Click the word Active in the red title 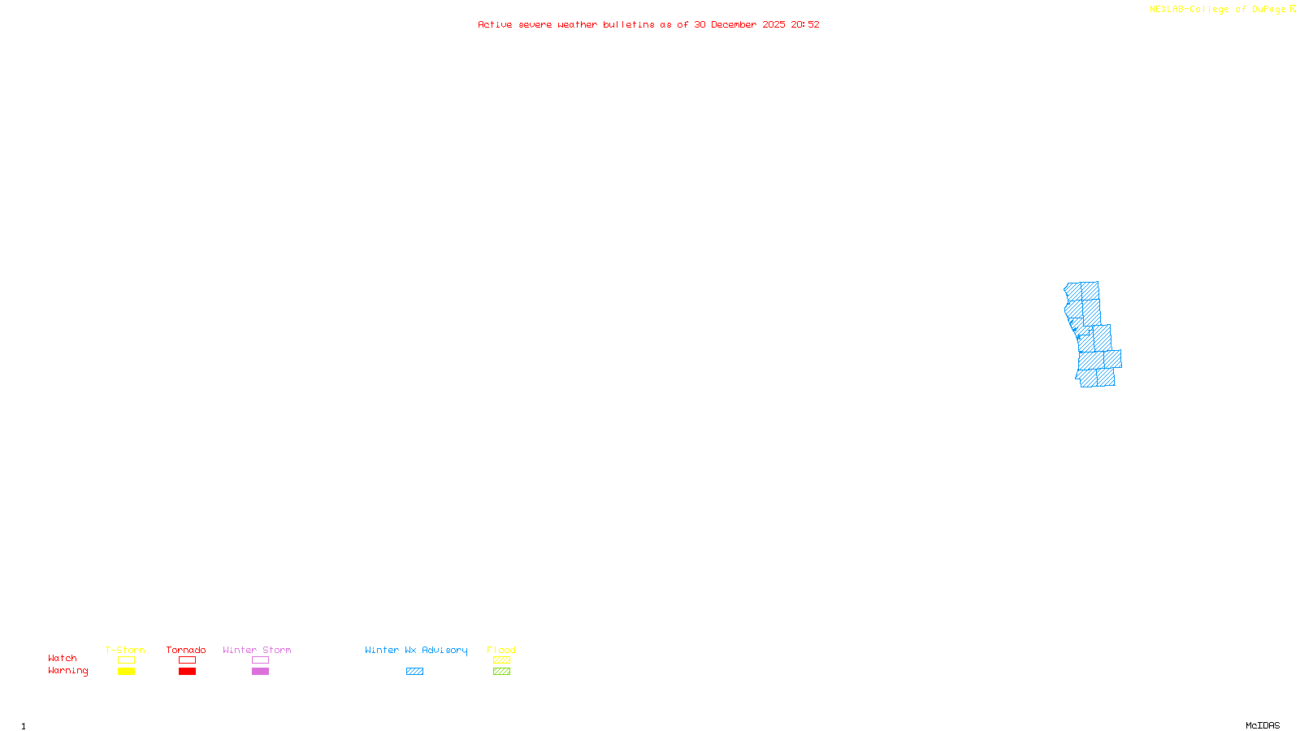pos(495,25)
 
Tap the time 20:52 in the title pos(805,25)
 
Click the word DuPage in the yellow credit pos(1268,10)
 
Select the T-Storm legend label pos(125,650)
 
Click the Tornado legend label pos(186,650)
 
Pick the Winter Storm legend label pos(257,650)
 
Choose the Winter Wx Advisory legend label pos(416,650)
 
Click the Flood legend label pos(501,650)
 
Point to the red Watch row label pos(63,658)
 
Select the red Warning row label pos(67,671)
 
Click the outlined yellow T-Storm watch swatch pos(126,660)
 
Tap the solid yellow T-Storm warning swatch pos(126,672)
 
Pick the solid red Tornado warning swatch pos(187,672)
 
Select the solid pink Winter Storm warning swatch pos(260,672)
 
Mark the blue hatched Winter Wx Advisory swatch pos(414,672)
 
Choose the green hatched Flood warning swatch pos(501,672)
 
